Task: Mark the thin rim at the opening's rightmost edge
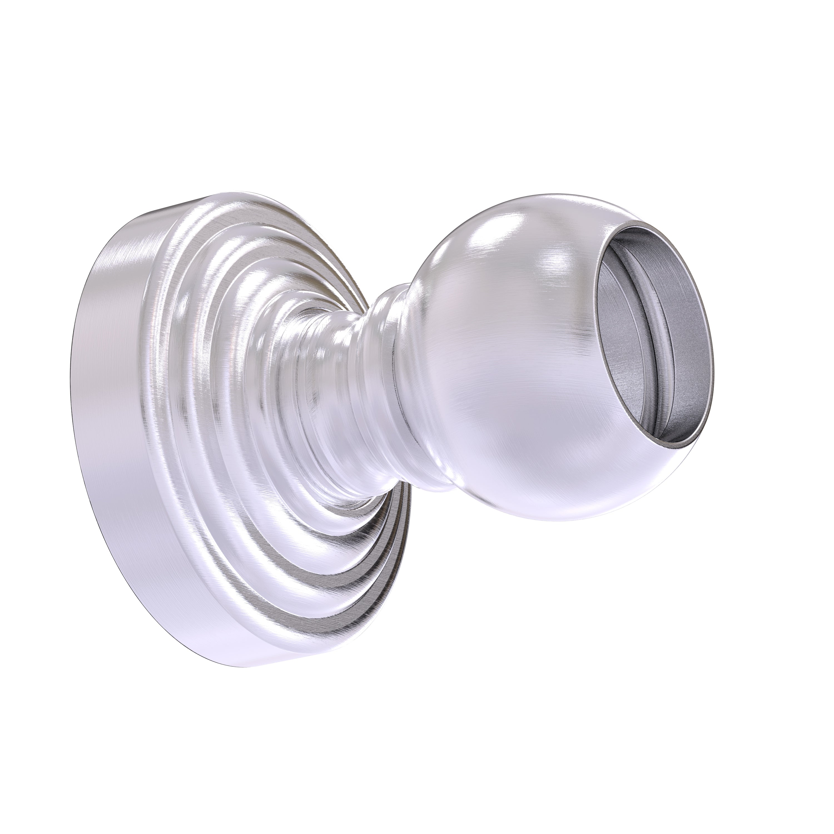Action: point(712,345)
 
